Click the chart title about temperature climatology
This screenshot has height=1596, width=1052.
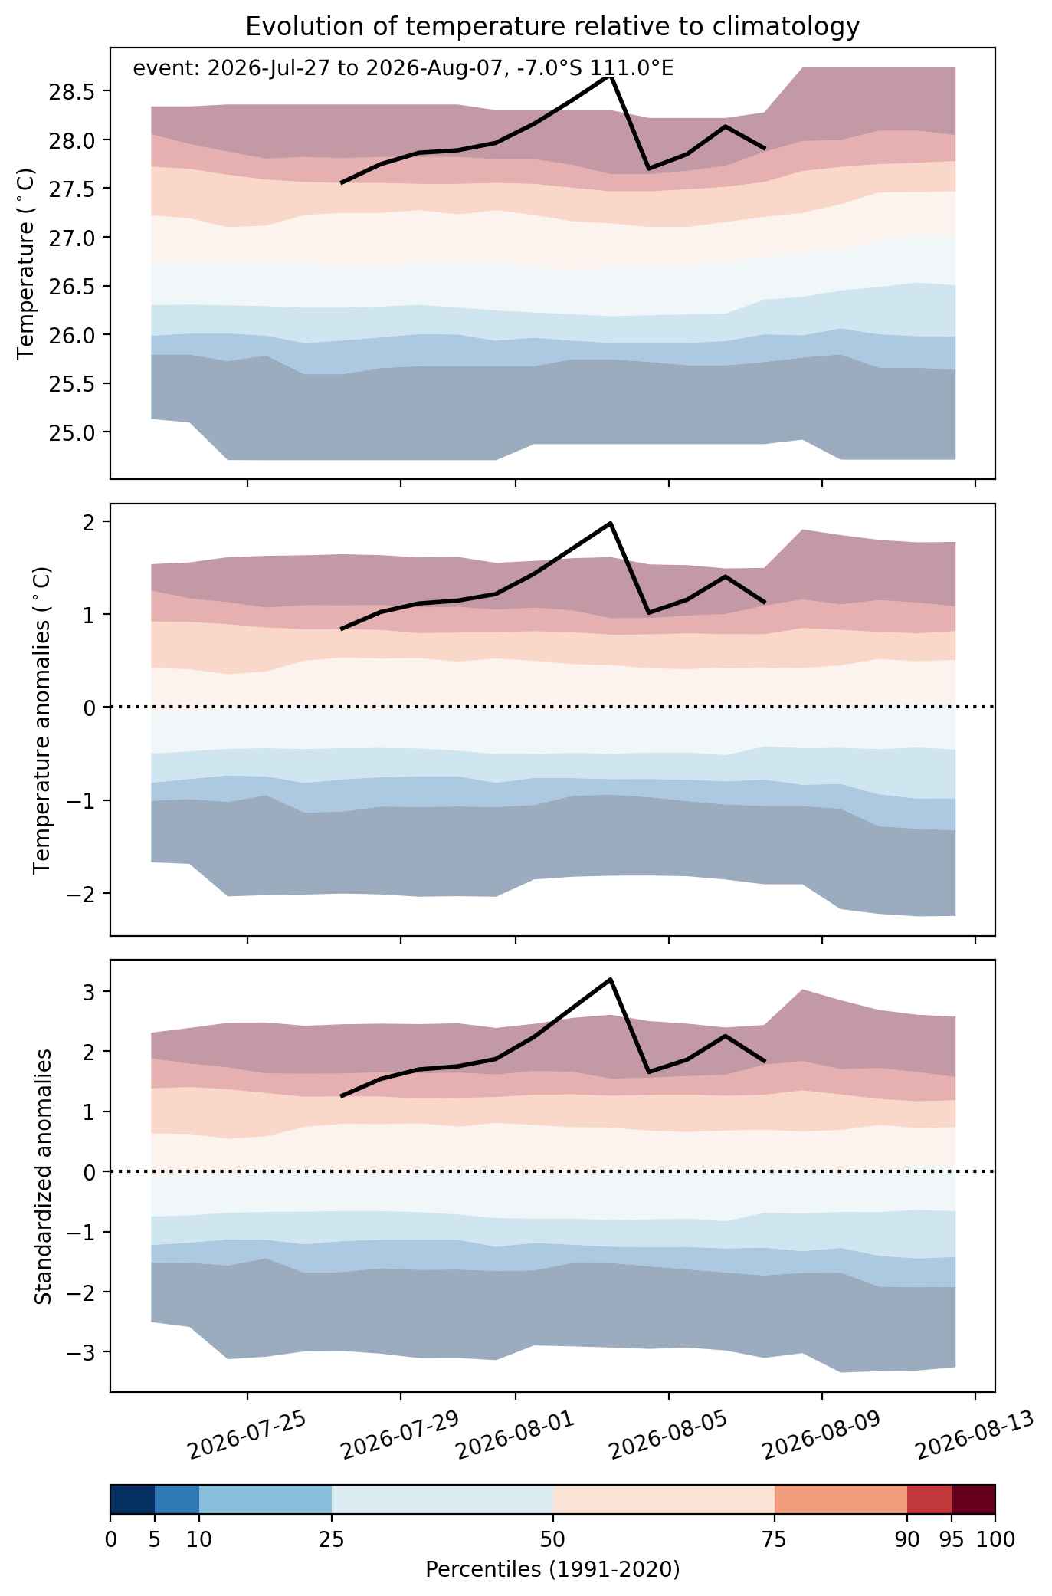552,27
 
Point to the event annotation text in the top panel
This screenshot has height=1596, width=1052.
403,69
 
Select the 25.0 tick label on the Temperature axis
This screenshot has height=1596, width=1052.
69,432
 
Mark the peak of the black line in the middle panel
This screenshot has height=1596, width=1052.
611,523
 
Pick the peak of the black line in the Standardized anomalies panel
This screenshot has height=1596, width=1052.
611,979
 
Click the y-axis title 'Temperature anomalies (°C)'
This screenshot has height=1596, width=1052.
43,720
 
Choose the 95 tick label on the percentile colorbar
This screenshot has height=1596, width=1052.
952,1539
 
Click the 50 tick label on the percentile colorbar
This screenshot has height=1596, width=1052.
552,1539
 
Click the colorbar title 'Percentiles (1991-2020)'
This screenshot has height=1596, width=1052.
552,1569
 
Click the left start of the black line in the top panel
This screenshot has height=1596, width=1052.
342,182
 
